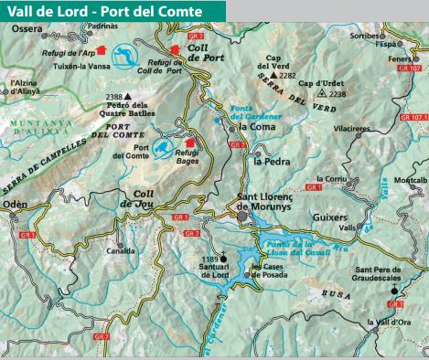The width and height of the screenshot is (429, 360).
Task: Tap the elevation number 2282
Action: click(288, 75)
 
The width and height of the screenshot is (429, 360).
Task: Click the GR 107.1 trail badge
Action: click(413, 118)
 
